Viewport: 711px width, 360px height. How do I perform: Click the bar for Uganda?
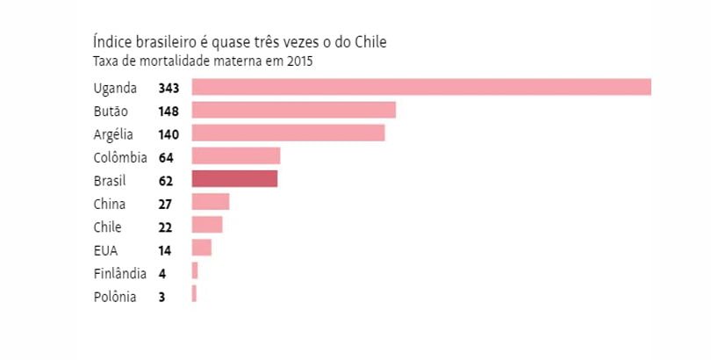point(421,87)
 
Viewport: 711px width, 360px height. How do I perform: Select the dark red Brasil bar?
point(234,179)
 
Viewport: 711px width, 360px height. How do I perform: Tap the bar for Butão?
point(293,110)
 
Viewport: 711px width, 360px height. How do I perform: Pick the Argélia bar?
point(288,133)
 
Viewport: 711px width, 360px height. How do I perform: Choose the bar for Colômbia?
point(235,156)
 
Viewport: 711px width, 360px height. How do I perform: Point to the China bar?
point(210,203)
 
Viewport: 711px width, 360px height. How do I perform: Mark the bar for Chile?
point(207,226)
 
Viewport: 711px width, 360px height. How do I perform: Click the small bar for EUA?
point(201,248)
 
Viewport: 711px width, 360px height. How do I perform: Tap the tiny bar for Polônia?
point(194,295)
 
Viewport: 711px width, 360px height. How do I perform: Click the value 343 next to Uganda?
point(169,88)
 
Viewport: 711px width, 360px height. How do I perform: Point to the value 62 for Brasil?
point(166,180)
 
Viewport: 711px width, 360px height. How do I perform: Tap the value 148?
point(169,111)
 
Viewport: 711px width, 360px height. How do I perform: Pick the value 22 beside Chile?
point(166,227)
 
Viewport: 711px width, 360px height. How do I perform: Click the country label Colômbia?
point(119,157)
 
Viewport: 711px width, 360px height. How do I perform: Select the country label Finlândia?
point(119,273)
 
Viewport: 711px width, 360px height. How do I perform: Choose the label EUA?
point(104,249)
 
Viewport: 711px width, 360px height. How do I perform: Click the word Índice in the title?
point(111,42)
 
